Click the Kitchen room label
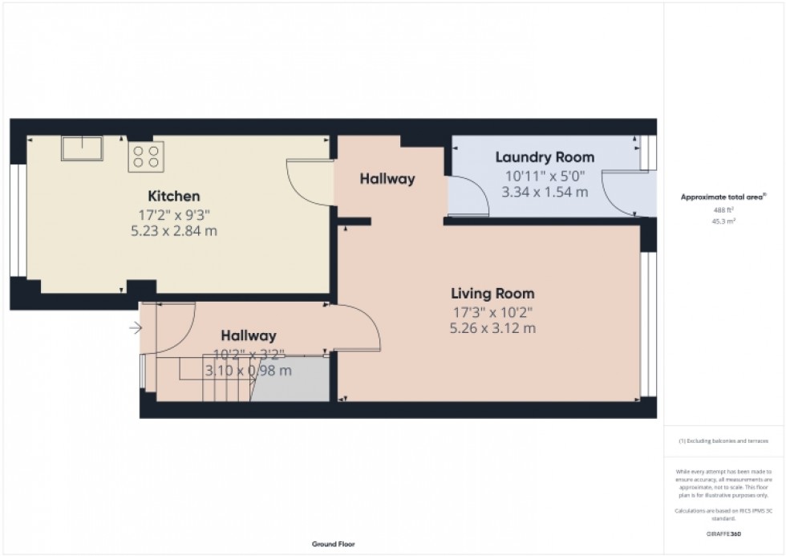174,197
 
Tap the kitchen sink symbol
83,148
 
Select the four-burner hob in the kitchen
146,155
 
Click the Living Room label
492,294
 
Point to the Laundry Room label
545,157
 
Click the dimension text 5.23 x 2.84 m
174,232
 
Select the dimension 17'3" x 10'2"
492,311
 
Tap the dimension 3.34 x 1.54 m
545,193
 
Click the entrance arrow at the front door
136,327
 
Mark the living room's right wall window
652,325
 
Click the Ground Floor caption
333,545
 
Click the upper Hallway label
387,179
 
